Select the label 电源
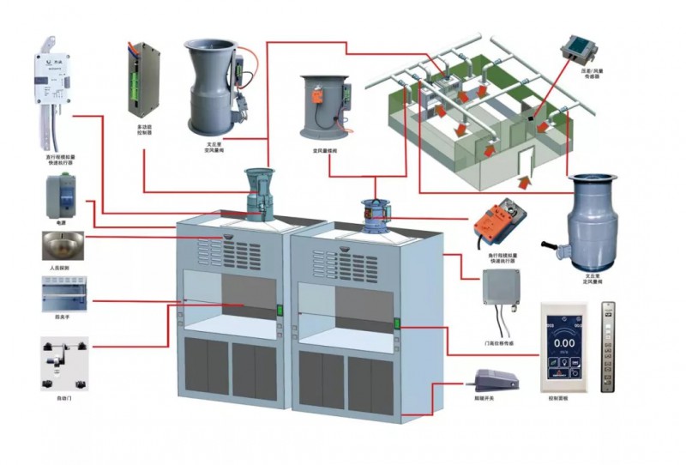60,221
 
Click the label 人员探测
59,269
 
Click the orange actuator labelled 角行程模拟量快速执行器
500,222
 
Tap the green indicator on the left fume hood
280,309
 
